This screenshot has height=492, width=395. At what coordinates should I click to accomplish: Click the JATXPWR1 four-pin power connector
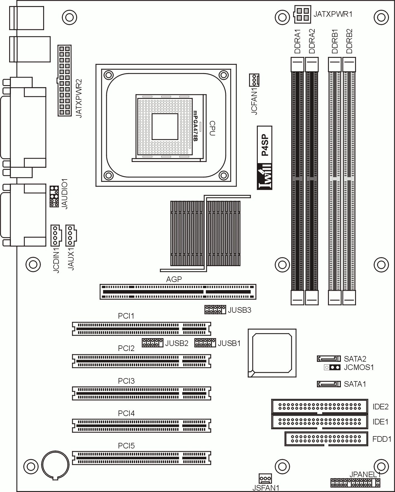[x=302, y=15]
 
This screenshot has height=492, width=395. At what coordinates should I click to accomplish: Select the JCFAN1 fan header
[x=254, y=80]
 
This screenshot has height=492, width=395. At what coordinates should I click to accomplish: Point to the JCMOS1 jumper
[x=332, y=367]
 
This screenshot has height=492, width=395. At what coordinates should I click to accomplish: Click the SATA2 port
[x=329, y=359]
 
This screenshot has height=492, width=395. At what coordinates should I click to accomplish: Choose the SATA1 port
[x=329, y=384]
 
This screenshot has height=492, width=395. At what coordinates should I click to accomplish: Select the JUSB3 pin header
[x=215, y=309]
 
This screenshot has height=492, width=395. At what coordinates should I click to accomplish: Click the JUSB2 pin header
[x=152, y=343]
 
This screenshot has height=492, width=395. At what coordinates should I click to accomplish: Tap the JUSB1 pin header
[x=205, y=343]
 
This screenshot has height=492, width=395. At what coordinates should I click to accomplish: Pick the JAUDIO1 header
[x=54, y=196]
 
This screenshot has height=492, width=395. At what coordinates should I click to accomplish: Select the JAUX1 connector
[x=71, y=235]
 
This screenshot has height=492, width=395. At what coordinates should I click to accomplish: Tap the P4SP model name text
[x=265, y=145]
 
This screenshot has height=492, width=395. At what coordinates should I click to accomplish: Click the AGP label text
[x=174, y=279]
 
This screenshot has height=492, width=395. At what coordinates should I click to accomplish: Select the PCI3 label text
[x=126, y=381]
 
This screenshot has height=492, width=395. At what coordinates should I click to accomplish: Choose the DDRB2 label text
[x=349, y=41]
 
